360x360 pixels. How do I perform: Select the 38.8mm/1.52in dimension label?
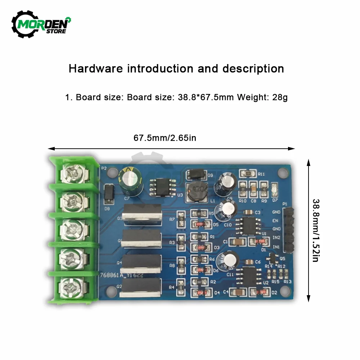[316, 230]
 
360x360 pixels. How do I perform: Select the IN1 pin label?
[276, 247]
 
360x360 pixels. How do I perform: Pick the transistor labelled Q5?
[272, 257]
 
